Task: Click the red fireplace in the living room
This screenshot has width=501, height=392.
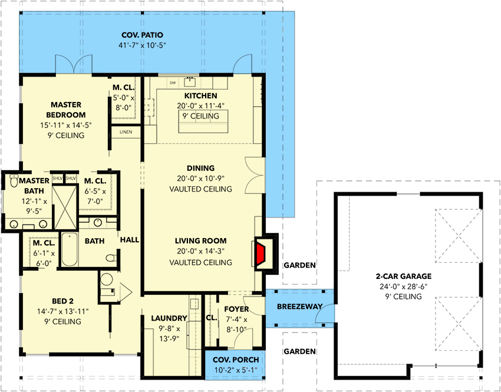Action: (x=261, y=252)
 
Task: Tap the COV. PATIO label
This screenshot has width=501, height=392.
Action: (x=142, y=35)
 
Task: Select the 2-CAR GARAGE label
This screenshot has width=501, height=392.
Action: (x=404, y=276)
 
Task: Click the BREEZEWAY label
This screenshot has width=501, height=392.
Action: (x=299, y=307)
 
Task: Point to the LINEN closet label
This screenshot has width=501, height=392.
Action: (x=126, y=131)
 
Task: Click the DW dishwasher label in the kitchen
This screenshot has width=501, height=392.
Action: (x=173, y=83)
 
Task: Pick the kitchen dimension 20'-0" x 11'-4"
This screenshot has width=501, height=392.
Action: (x=201, y=106)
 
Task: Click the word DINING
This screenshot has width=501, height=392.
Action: (x=200, y=168)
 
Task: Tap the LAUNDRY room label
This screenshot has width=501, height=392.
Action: (x=170, y=318)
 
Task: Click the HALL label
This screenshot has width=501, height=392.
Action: (x=130, y=241)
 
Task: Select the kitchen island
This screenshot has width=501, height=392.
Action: (x=201, y=121)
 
